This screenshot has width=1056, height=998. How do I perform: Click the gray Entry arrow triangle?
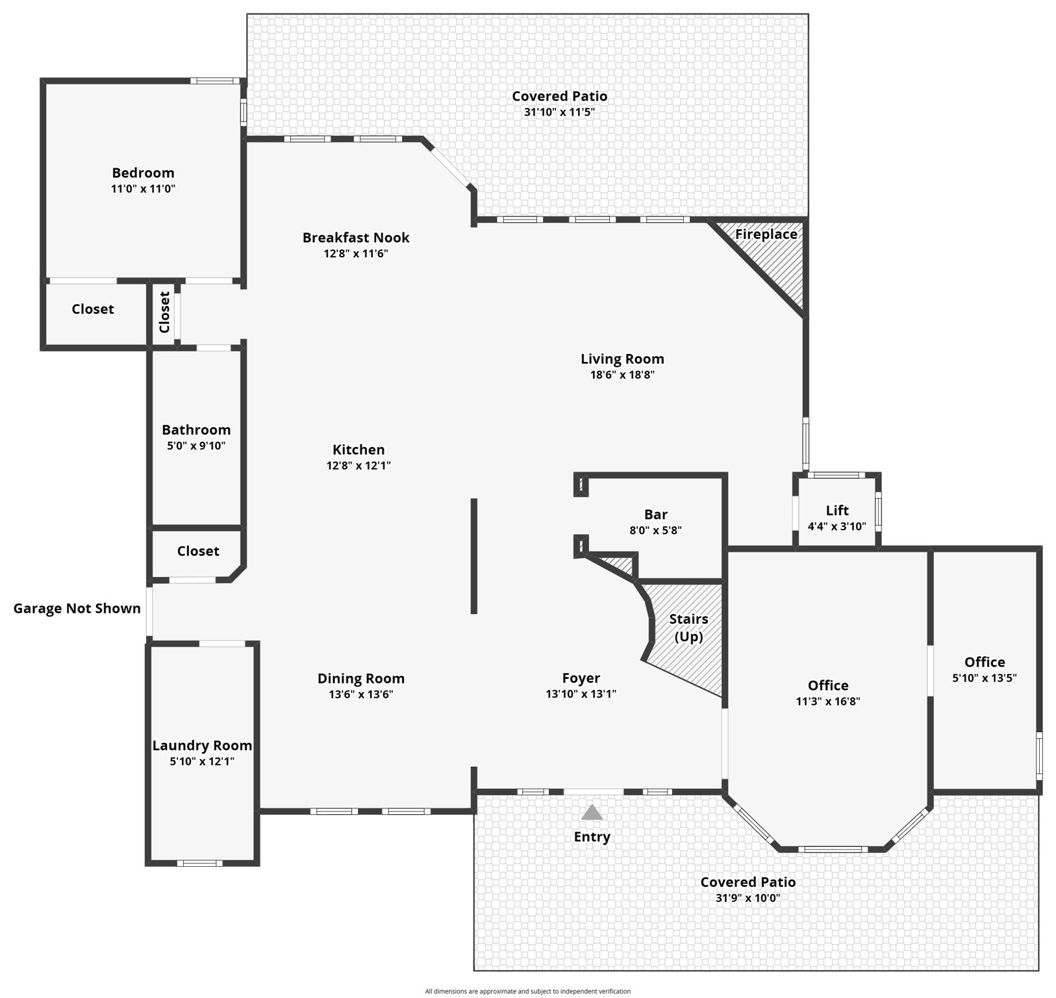[592, 813]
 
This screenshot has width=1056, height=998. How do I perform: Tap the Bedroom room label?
[143, 173]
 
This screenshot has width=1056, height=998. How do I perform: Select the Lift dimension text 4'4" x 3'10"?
[836, 527]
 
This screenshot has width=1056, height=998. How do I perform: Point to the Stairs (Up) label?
[688, 628]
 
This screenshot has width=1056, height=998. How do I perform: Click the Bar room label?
[655, 515]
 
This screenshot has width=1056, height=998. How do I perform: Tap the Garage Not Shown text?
[77, 609]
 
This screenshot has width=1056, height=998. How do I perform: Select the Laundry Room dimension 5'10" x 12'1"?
[202, 761]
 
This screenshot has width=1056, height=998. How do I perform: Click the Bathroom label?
[196, 430]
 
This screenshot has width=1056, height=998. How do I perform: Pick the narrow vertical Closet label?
[164, 312]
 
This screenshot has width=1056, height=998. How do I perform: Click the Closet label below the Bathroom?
[198, 551]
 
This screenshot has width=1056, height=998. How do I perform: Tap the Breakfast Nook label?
[356, 238]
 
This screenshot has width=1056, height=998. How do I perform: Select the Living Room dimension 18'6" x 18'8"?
[622, 375]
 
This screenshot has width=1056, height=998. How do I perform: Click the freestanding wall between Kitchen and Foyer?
[474, 556]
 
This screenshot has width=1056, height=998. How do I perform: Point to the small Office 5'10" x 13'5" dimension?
[984, 678]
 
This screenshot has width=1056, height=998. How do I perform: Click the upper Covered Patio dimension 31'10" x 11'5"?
[559, 112]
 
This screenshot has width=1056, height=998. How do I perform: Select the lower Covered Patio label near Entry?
[748, 882]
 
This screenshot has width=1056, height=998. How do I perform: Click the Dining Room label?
[360, 679]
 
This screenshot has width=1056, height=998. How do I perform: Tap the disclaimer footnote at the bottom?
[527, 992]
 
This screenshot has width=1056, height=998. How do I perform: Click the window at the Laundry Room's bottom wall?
[200, 863]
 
